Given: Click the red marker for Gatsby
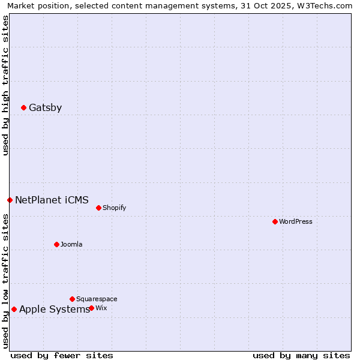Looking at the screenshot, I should tap(24, 108).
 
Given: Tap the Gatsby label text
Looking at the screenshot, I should tap(45, 108).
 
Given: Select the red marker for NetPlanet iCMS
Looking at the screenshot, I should tap(10, 200).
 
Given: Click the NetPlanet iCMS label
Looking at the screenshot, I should tap(52, 200).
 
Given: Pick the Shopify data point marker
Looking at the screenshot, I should tap(98, 208).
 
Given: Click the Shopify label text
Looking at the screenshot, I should tap(114, 208).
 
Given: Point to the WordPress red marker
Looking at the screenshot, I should tap(275, 221).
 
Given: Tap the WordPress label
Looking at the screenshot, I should tap(295, 221).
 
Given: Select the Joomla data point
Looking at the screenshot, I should tap(57, 244).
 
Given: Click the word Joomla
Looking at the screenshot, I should tap(71, 244).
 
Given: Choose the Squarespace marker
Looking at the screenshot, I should tap(72, 299).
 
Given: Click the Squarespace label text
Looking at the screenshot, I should tap(97, 299).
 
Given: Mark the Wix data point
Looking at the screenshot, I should tap(91, 308).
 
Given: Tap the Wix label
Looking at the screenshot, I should tap(101, 308).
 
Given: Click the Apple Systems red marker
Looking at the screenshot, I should tap(14, 310).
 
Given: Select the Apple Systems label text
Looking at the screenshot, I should tap(54, 310).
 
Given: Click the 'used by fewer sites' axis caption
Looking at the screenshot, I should tap(62, 355).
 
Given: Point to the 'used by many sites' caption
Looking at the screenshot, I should tap(301, 355).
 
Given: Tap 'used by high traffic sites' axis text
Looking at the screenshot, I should tap(6, 85).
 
